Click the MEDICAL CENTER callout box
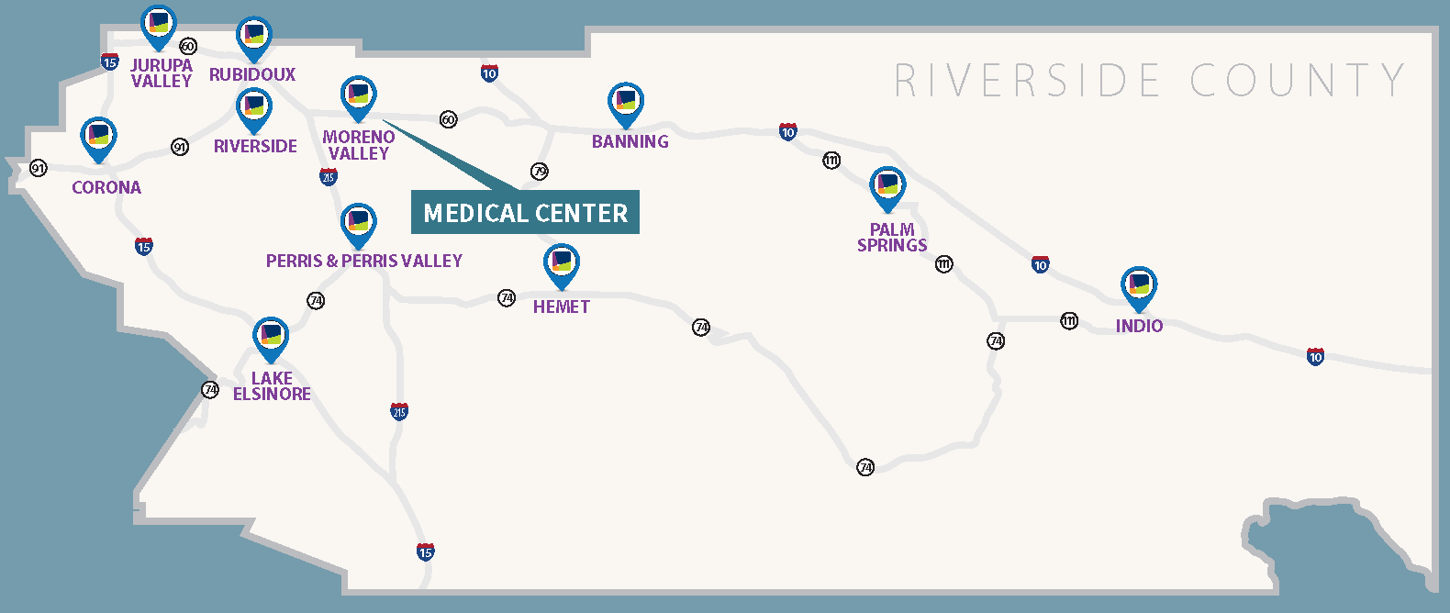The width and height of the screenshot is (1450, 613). (525, 213)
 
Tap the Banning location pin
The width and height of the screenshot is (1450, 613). (626, 103)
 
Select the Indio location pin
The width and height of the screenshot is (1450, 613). (1139, 286)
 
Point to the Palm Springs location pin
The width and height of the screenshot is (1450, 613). (887, 187)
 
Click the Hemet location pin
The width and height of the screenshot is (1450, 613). (561, 264)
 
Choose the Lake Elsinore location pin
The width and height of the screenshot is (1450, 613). (271, 338)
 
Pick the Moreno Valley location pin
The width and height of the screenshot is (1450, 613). (358, 96)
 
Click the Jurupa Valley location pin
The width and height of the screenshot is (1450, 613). (159, 26)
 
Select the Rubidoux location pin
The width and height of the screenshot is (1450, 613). (253, 38)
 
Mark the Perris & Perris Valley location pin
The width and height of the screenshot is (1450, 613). (358, 224)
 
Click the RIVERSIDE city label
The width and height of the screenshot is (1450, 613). (255, 146)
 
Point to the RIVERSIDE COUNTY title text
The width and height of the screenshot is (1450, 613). (1149, 81)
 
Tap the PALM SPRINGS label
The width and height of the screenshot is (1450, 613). (892, 238)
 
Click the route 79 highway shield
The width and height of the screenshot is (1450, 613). (540, 172)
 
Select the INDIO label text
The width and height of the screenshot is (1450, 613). (1139, 326)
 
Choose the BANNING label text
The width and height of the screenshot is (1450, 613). (630, 141)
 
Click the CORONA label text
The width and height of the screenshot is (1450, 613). (106, 187)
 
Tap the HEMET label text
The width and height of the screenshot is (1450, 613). (561, 306)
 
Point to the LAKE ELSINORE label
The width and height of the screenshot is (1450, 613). (272, 385)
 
